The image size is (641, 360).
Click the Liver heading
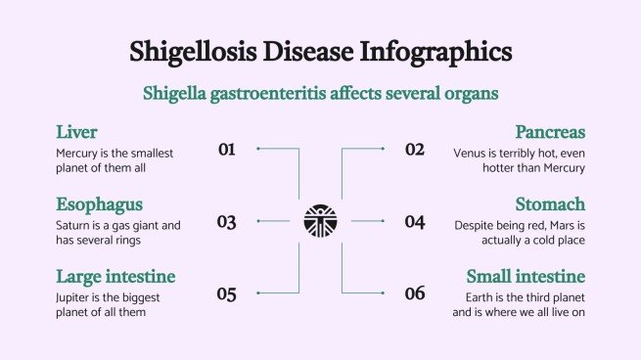[76, 132]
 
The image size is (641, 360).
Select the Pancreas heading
[550, 132]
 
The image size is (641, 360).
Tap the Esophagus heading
[100, 204]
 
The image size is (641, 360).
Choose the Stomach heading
[550, 204]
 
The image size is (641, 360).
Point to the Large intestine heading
[115, 276]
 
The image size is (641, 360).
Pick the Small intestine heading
[526, 276]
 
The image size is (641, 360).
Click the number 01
[227, 150]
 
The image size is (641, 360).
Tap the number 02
[415, 150]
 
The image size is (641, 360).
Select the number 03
[227, 222]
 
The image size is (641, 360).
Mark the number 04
[415, 222]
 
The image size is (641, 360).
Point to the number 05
[227, 293]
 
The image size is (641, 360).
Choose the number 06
[415, 293]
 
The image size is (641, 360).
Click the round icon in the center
[320, 221]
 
